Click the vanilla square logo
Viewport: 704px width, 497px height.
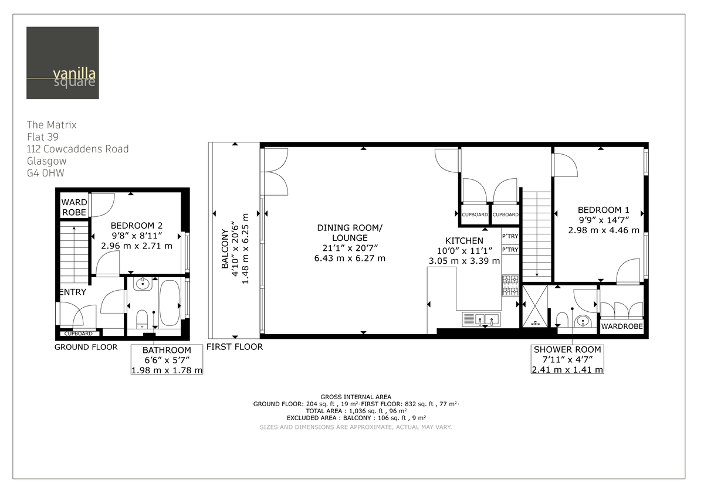tap(62, 63)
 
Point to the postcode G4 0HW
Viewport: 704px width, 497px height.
tap(45, 173)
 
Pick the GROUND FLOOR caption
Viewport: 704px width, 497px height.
tap(86, 347)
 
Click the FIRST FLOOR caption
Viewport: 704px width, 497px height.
tap(234, 347)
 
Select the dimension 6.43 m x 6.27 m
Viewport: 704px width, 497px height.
tap(350, 258)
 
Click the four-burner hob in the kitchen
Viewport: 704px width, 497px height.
tap(510, 285)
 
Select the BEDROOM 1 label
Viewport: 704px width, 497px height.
tap(603, 210)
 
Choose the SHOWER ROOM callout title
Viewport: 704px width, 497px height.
tap(567, 350)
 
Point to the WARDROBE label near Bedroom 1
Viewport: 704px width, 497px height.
tap(621, 326)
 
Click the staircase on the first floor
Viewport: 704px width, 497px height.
tap(537, 234)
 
